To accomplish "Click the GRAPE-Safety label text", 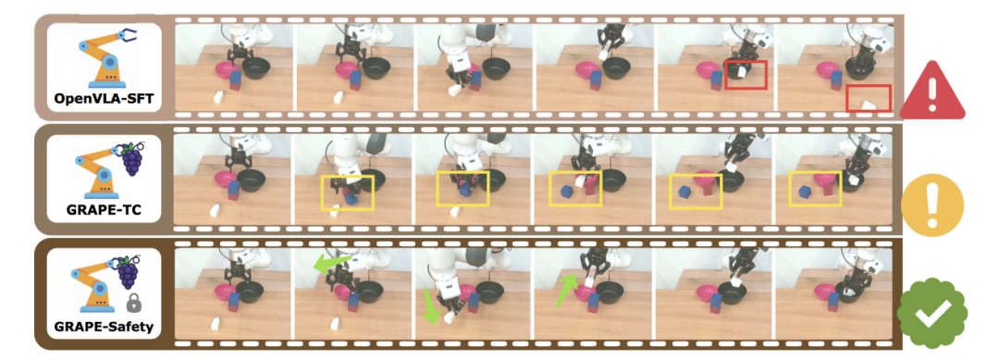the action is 104,329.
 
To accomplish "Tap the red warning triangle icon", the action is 932,91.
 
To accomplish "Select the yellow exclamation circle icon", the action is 932,205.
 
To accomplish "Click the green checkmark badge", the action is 932,313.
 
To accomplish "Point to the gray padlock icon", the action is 133,304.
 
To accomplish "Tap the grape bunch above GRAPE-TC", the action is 132,159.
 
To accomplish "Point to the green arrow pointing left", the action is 330,263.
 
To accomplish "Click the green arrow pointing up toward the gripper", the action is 566,289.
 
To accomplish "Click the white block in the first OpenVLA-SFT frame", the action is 217,98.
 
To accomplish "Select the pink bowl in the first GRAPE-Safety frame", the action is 226,292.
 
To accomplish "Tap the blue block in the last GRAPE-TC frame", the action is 804,192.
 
